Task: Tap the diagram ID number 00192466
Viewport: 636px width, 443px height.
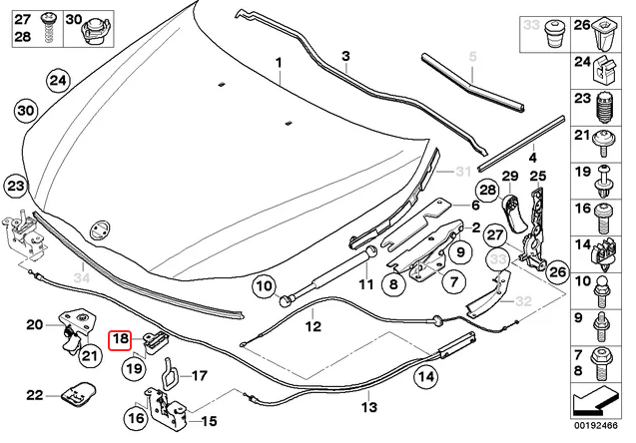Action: pos(600,432)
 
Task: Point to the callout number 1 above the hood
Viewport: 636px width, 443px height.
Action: pos(280,62)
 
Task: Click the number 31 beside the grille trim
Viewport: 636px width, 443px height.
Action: pos(462,171)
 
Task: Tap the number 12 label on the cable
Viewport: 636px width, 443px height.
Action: pos(312,325)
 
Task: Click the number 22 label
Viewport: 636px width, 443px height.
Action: pos(35,396)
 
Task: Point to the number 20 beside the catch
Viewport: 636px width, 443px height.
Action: pos(35,324)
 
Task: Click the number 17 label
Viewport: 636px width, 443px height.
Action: pos(199,376)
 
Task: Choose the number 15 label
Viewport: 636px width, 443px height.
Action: pos(209,421)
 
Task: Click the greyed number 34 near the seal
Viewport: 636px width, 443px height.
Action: pos(81,275)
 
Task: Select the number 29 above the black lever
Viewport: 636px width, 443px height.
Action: pos(508,179)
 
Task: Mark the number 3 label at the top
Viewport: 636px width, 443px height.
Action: pos(345,56)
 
